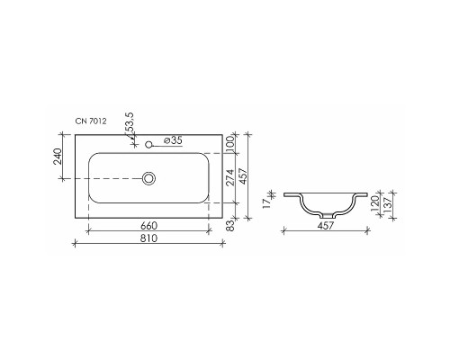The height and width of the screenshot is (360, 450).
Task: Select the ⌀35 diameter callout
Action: click(x=172, y=140)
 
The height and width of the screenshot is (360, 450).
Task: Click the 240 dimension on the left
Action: click(x=58, y=157)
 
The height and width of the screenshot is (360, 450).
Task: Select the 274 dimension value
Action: click(x=229, y=177)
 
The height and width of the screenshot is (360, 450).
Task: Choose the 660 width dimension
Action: click(x=148, y=226)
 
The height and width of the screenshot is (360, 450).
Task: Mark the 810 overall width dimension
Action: click(x=148, y=238)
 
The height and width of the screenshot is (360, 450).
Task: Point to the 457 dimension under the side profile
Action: click(x=326, y=226)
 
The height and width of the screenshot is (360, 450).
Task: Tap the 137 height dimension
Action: click(x=389, y=204)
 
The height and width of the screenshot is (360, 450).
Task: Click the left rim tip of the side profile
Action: click(x=284, y=193)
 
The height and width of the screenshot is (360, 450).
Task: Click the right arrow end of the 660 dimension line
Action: click(x=211, y=231)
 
